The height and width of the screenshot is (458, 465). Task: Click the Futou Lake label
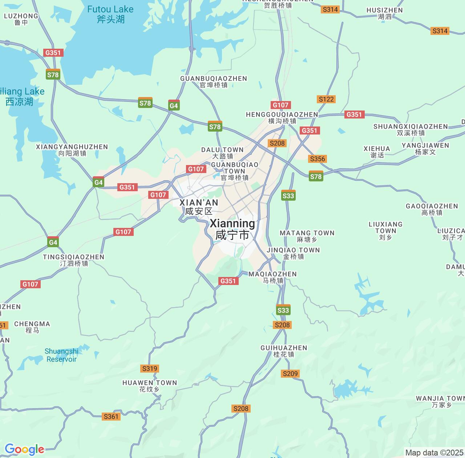(110, 14)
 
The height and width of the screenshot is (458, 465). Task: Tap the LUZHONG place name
(21, 19)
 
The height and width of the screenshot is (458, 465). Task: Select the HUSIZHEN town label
(385, 13)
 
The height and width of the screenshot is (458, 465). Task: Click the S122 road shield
(326, 99)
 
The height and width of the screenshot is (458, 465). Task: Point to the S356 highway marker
(318, 159)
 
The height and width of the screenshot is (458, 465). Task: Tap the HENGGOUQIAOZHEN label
(282, 117)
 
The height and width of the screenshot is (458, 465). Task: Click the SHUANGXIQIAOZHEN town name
(411, 129)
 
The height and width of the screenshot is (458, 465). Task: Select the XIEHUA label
(377, 152)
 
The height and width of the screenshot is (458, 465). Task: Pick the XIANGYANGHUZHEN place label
(72, 150)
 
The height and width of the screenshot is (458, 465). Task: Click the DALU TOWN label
(222, 153)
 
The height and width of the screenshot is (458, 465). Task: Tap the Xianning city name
(232, 229)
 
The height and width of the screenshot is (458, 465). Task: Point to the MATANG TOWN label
(307, 236)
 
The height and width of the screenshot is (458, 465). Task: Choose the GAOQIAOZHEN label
(432, 209)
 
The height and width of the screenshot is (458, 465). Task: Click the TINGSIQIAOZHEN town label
(74, 260)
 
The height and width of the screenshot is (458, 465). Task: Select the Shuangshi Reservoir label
(61, 355)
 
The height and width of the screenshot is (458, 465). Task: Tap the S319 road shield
(150, 369)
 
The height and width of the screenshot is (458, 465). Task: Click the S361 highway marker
(111, 417)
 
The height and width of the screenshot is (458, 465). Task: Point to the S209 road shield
(290, 374)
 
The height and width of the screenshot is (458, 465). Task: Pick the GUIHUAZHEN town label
(284, 351)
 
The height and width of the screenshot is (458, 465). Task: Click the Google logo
(24, 450)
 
